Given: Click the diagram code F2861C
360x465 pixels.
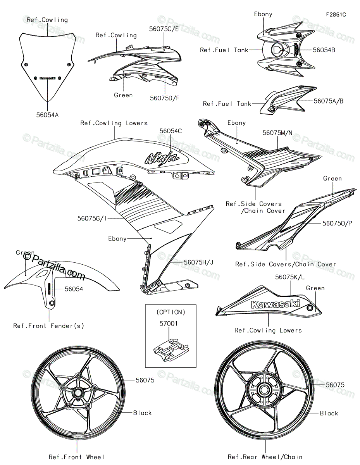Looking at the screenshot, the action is click(x=336, y=15).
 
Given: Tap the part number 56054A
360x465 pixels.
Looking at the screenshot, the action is click(x=47, y=115).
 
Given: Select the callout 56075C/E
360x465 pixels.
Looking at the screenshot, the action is click(x=164, y=29).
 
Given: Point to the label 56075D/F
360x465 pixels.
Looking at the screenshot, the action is click(x=165, y=98).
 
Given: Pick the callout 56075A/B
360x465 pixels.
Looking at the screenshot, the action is click(x=329, y=101).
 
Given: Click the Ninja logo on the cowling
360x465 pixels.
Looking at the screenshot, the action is click(x=162, y=158).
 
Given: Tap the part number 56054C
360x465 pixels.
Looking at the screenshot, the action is click(x=171, y=131).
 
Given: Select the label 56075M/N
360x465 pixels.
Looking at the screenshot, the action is click(x=277, y=133).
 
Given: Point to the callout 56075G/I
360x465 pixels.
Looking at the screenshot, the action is click(x=92, y=218).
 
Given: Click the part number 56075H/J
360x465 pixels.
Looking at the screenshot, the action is click(x=198, y=262).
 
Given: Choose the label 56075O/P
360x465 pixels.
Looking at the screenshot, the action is click(x=337, y=223).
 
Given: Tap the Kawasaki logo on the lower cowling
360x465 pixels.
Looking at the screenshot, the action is click(x=275, y=304).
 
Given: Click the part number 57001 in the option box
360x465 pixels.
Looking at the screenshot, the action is click(x=169, y=323).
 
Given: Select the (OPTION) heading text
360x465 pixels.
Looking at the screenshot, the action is click(x=171, y=312).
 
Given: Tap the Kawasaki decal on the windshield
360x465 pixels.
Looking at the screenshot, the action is click(x=48, y=78).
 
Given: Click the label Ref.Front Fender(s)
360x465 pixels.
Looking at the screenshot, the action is click(x=48, y=326).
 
